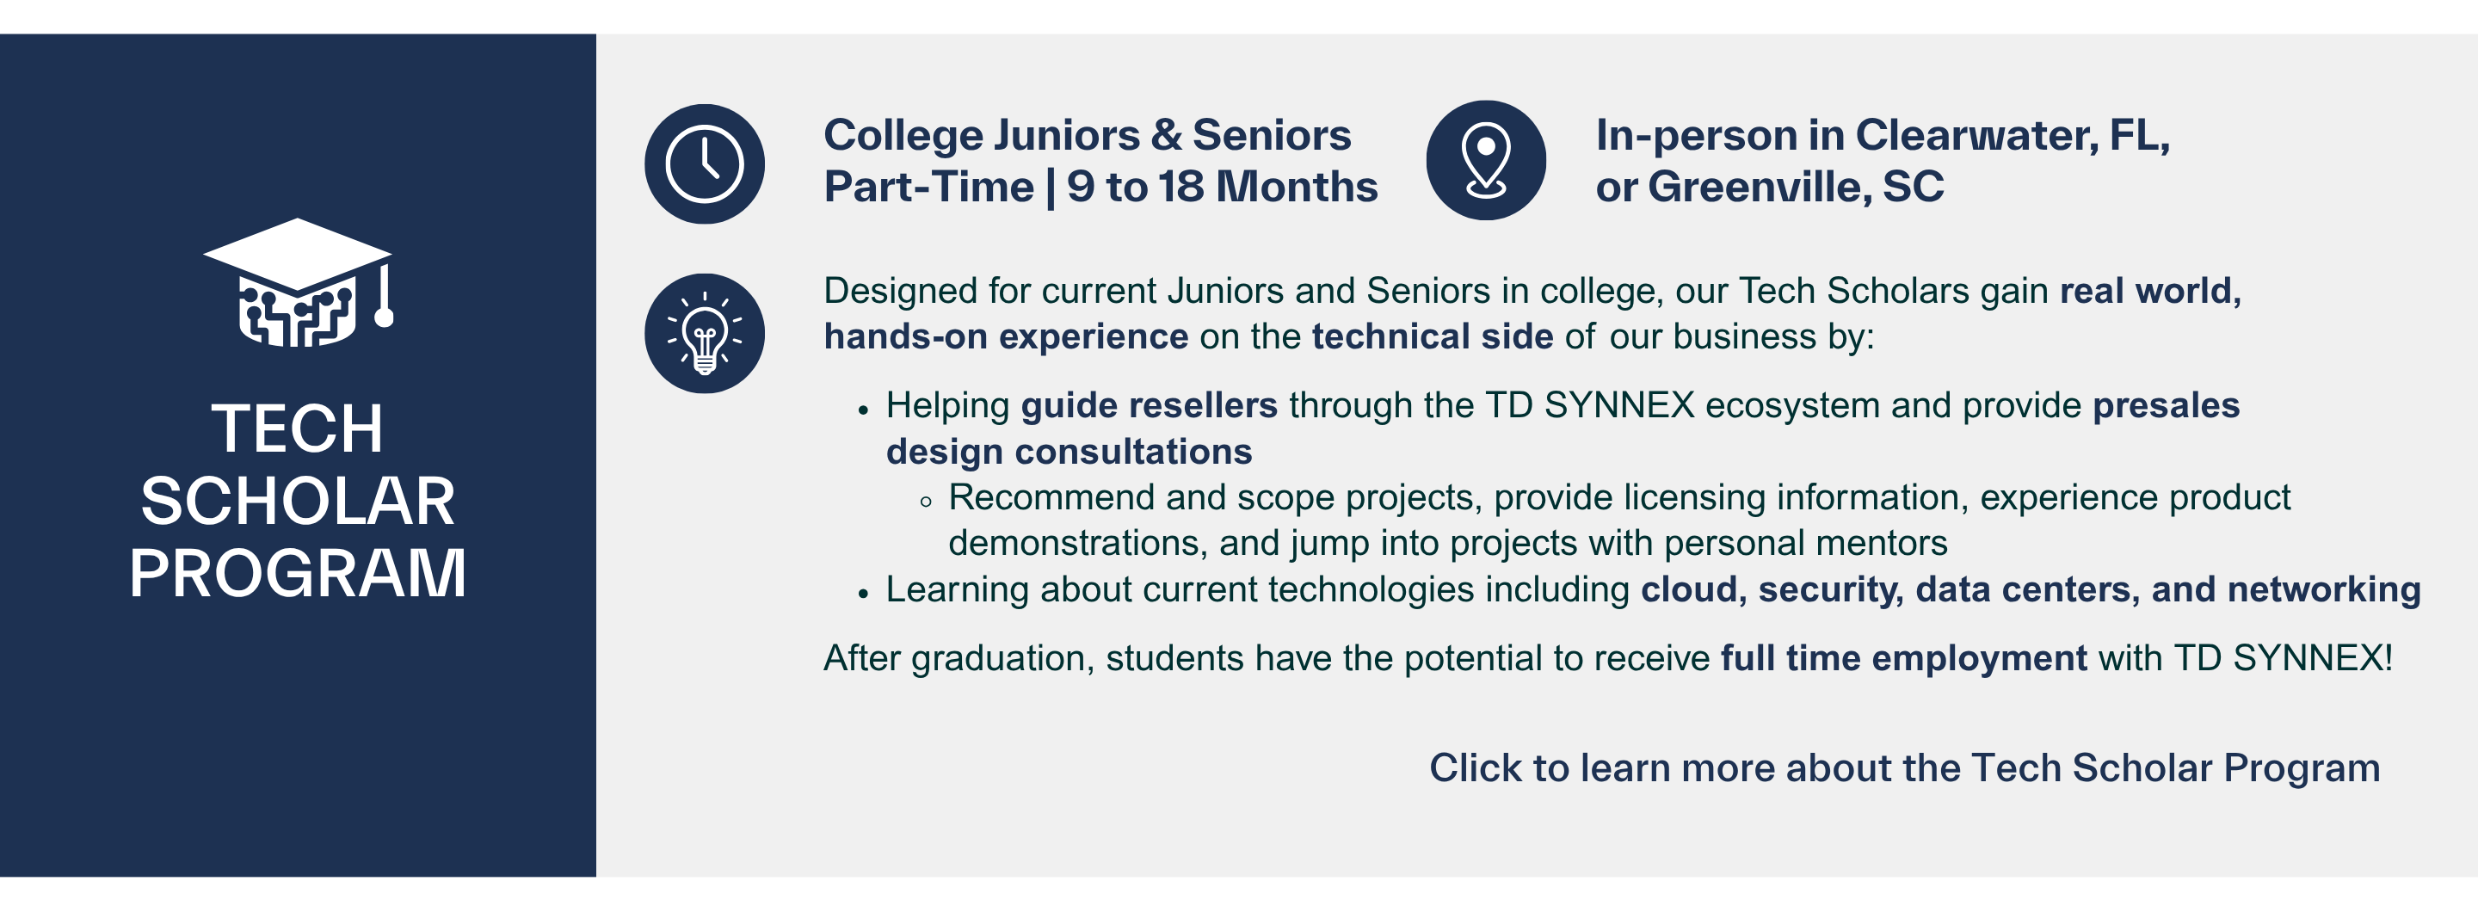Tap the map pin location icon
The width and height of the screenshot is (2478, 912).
click(x=1485, y=161)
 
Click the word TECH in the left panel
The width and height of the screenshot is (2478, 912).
click(x=297, y=429)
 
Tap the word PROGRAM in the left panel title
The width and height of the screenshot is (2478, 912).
click(x=297, y=575)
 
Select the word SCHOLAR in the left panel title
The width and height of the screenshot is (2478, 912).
click(x=297, y=502)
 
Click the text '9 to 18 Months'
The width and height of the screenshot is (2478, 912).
click(x=1222, y=187)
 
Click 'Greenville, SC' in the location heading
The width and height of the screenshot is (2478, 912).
click(x=1795, y=187)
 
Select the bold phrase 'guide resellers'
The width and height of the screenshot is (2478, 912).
click(x=1149, y=406)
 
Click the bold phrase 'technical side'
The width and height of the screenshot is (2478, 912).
click(x=1432, y=336)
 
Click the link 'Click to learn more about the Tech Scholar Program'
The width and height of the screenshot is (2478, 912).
click(x=1904, y=767)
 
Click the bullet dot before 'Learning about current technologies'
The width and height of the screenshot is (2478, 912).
click(x=863, y=594)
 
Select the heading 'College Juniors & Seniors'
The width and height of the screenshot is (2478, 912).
click(x=1087, y=136)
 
